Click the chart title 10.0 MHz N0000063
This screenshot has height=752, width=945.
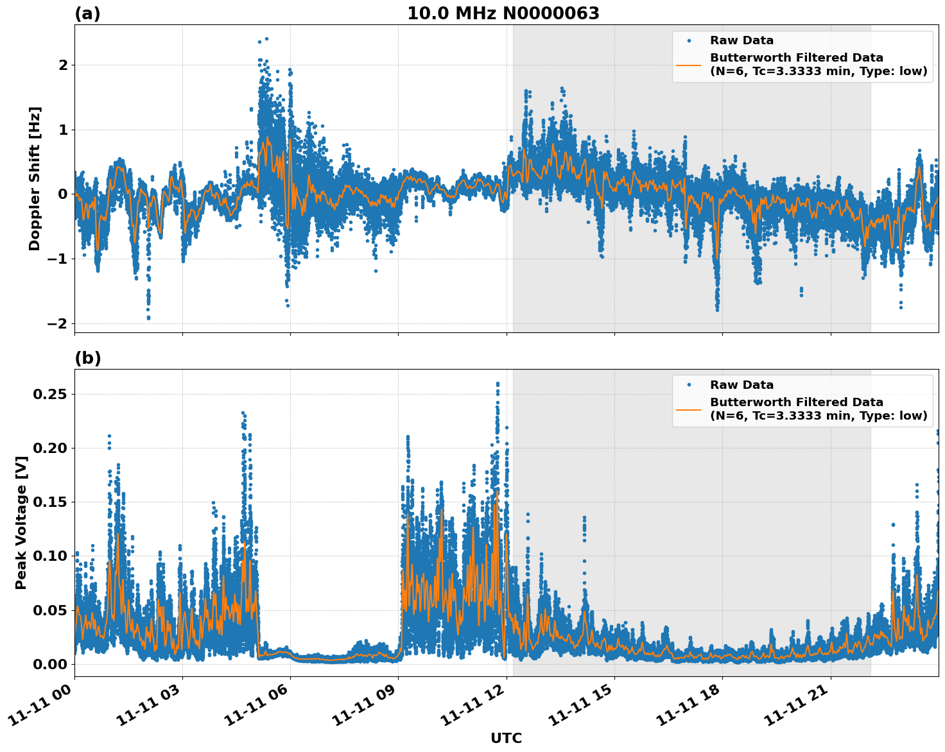[503, 13]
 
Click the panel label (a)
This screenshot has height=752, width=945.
[87, 13]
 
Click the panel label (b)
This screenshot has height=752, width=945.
[87, 358]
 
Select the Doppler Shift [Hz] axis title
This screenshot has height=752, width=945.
[35, 178]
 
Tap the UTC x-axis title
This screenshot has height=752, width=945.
[506, 738]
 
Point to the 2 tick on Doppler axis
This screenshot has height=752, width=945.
[63, 65]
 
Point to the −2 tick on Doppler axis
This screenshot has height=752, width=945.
[58, 323]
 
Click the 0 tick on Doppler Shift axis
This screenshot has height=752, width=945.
[63, 194]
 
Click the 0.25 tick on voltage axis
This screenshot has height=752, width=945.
[50, 394]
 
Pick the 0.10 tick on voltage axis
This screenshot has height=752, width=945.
[50, 556]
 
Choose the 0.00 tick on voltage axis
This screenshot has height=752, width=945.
[50, 664]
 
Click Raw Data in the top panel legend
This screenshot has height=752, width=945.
[741, 40]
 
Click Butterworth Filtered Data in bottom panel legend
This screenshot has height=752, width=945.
[796, 402]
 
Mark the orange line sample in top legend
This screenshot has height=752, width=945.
[688, 64]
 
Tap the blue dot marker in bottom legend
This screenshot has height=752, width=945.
[688, 385]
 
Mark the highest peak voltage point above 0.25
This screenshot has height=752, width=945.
[498, 384]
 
